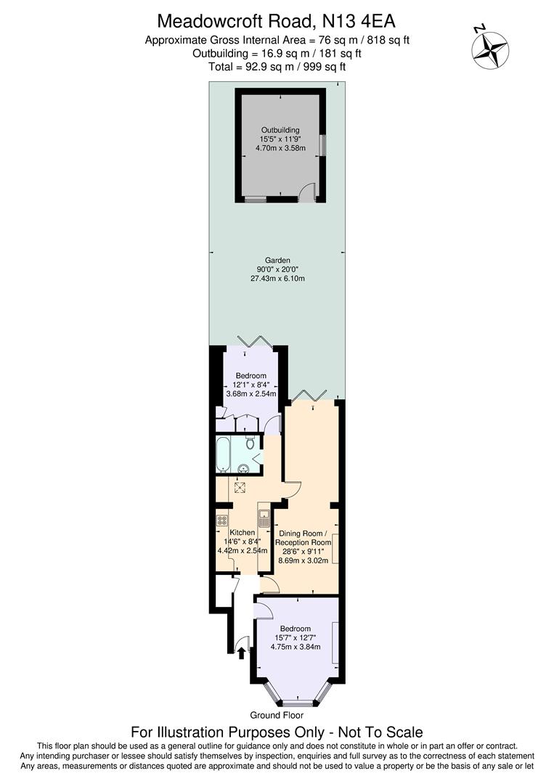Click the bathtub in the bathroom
tap(223, 454)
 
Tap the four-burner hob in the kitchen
tap(222, 520)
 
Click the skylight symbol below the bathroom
tap(241, 488)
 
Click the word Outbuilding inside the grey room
tap(280, 130)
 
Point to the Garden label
tap(277, 260)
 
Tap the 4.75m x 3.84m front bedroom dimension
tap(295, 647)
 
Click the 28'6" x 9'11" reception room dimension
tap(303, 551)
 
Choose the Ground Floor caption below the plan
tap(277, 715)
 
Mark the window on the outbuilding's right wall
tap(323, 144)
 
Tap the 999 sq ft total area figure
tap(327, 66)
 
